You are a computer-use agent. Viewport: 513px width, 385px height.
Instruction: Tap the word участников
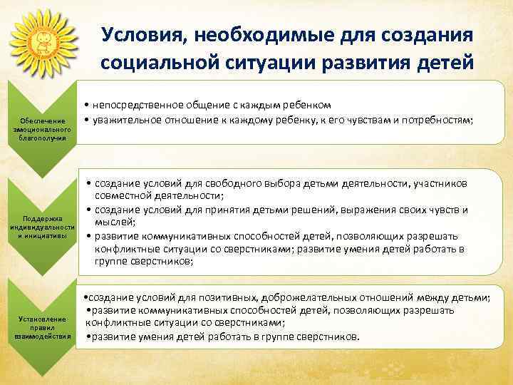pyautogui.click(x=440, y=184)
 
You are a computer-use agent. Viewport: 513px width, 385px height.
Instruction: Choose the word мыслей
pyautogui.click(x=113, y=222)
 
